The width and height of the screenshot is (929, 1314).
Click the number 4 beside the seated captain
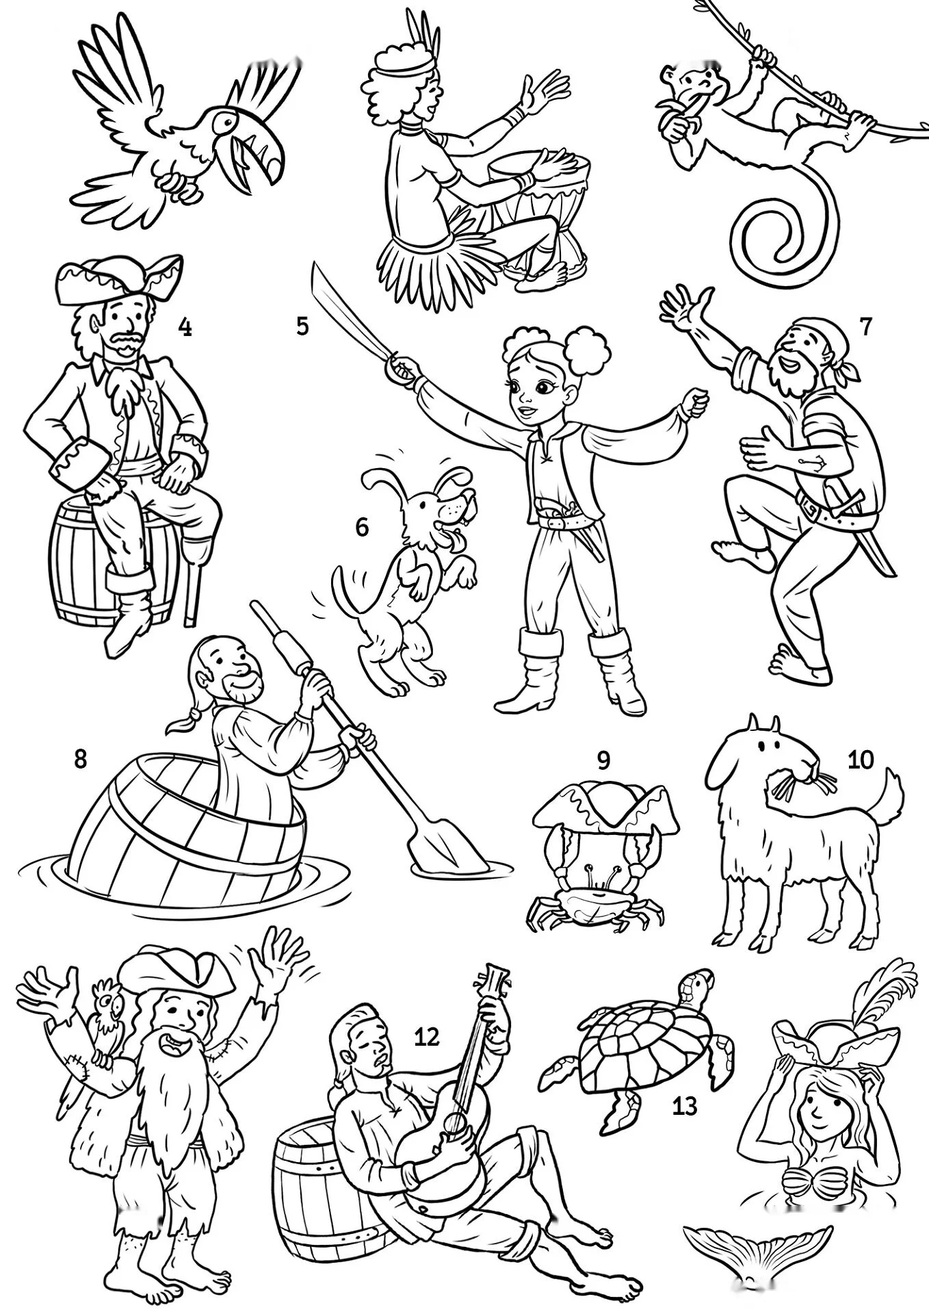(x=184, y=328)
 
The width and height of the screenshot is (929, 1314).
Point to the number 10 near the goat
(x=861, y=760)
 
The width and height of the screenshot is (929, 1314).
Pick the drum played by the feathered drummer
(x=540, y=212)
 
